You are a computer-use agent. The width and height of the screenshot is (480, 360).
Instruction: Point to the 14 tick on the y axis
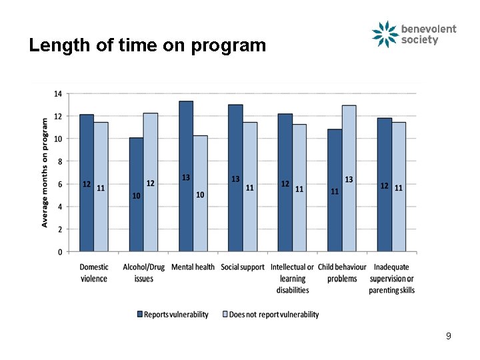click(59, 94)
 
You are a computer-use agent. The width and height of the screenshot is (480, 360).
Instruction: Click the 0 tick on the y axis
click(60, 252)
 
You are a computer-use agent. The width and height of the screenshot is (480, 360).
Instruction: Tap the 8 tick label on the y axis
click(60, 161)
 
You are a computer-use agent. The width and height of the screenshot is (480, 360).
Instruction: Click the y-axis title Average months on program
click(45, 172)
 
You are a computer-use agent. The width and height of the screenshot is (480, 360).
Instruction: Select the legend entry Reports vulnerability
click(173, 315)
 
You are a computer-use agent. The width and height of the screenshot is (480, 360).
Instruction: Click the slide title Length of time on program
click(147, 45)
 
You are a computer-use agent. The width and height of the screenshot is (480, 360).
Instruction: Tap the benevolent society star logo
click(385, 35)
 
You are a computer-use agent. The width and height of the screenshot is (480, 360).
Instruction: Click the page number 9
click(449, 336)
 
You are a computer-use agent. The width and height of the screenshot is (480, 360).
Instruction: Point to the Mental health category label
click(193, 267)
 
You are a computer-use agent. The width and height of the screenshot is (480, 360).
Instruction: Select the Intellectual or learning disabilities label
click(293, 278)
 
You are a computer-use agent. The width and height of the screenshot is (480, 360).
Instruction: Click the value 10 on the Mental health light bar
click(200, 195)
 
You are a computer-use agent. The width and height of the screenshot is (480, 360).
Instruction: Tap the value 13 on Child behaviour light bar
click(349, 179)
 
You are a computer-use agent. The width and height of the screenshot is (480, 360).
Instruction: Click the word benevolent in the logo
click(429, 29)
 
